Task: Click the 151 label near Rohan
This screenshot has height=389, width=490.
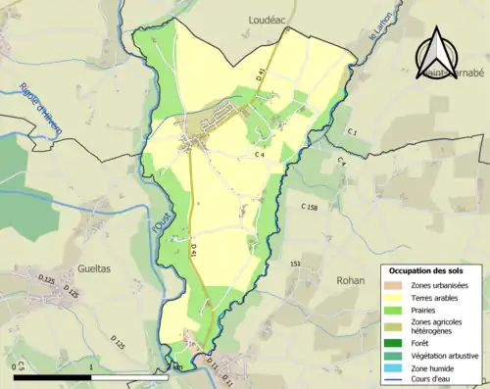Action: click(294, 264)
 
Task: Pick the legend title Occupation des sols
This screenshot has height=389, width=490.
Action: click(425, 270)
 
